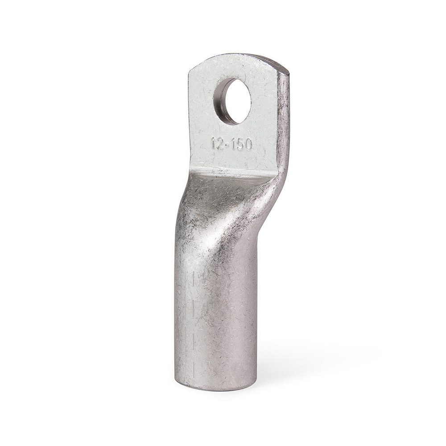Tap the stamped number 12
pyautogui.click(x=216, y=144)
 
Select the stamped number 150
pyautogui.click(x=241, y=145)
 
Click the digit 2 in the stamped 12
pyautogui.click(x=219, y=144)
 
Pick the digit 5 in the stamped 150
pyautogui.click(x=240, y=145)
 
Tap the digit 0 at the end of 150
pyautogui.click(x=248, y=145)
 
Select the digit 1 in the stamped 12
pyautogui.click(x=212, y=143)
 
